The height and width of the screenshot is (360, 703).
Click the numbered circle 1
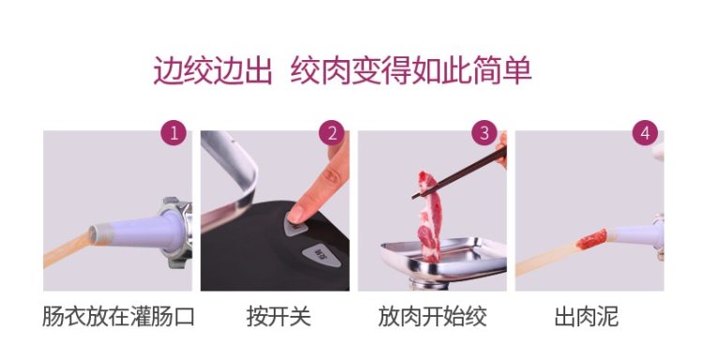pos(173,133)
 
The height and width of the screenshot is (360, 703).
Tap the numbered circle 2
pos(331,133)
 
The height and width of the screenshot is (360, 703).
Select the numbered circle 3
pos(485,133)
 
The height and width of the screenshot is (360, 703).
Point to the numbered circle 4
pos(645,133)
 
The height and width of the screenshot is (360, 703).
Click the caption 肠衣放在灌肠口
pos(118,317)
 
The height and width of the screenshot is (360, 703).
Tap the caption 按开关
pos(279,317)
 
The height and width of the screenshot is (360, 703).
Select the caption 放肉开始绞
pos(432,317)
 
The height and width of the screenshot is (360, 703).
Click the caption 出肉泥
pos(587,317)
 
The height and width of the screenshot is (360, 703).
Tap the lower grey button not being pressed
pos(321,256)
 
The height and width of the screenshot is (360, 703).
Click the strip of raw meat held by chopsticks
pos(428,216)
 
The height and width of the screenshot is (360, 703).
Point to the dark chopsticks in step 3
pos(459,173)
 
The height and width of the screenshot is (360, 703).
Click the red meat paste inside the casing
pos(591,239)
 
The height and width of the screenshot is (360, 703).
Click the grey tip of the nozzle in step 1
pos(98,234)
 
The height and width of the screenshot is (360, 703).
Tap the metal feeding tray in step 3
pos(443,259)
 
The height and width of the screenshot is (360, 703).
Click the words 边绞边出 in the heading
pos(213,70)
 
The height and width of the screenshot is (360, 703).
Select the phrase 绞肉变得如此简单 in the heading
pos(411,70)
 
